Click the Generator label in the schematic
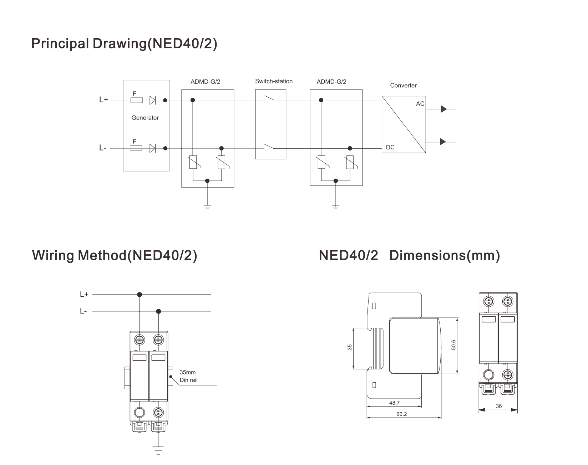pos(145,118)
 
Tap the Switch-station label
pos(274,81)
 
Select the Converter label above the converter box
pos(403,86)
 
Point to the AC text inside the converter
pos(420,104)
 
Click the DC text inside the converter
pos(390,147)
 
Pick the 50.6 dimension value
pos(453,345)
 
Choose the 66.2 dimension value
pos(401,414)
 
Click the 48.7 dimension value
pos(394,403)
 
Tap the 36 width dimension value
pos(498,406)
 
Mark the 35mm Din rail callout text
pos(188,376)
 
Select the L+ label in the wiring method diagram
pos(84,295)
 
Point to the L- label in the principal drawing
pos(103,148)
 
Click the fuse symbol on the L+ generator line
pos(137,101)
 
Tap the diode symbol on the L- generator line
pos(153,148)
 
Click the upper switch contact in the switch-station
pos(270,99)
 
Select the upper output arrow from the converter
pos(443,109)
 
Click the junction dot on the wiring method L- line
pos(158,311)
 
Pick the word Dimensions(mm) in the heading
pos(445,256)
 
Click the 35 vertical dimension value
pos(350,347)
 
